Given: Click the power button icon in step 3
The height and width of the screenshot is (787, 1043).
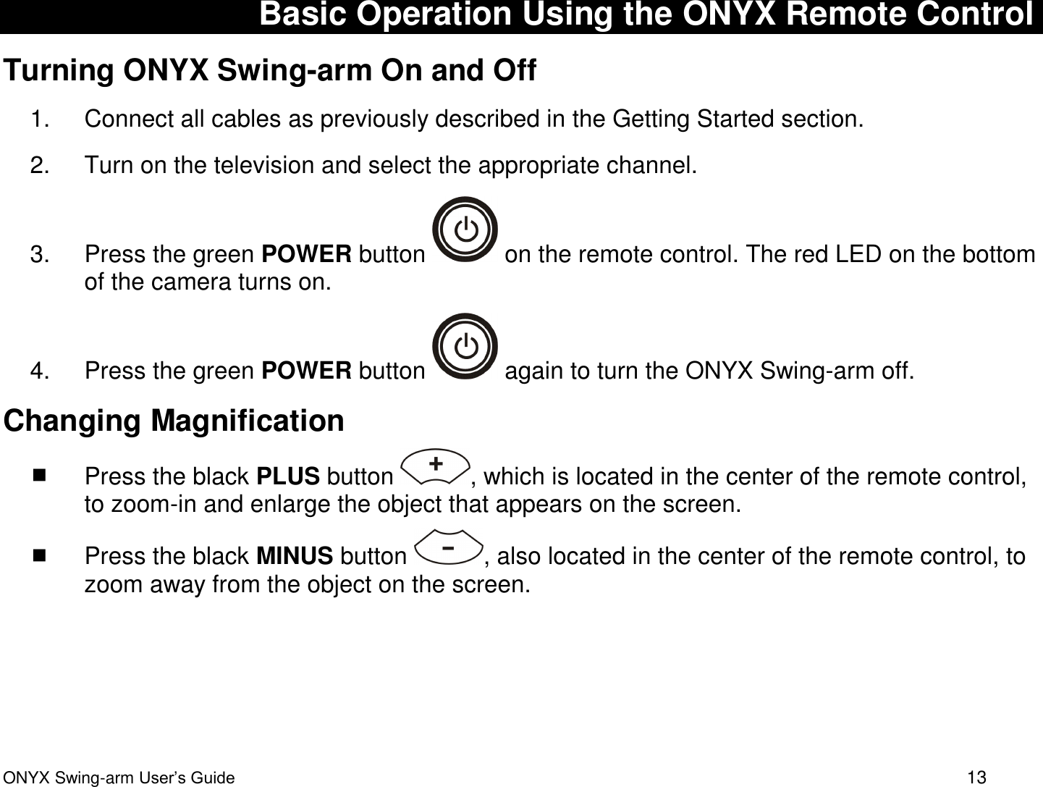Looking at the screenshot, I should coord(465,230).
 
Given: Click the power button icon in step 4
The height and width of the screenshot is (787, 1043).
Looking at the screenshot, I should coord(465,346).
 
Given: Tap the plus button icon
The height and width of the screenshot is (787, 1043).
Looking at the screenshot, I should coord(435,463).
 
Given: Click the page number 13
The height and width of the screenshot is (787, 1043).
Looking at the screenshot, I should coord(976,778).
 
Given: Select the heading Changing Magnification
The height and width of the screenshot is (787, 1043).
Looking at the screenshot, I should coord(174,421).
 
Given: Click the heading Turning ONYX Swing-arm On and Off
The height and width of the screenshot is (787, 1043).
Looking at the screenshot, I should coord(270,70).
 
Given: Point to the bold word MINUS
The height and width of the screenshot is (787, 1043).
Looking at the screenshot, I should coord(295,556).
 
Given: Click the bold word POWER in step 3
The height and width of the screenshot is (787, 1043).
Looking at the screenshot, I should coord(307,255).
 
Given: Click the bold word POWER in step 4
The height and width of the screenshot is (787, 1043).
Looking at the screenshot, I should coord(307,371).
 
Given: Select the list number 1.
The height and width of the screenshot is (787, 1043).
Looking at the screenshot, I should coord(40,119).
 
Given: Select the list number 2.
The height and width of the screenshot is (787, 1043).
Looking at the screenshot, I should coord(40,165).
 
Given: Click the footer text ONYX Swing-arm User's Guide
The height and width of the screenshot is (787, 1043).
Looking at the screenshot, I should coord(119,778).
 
